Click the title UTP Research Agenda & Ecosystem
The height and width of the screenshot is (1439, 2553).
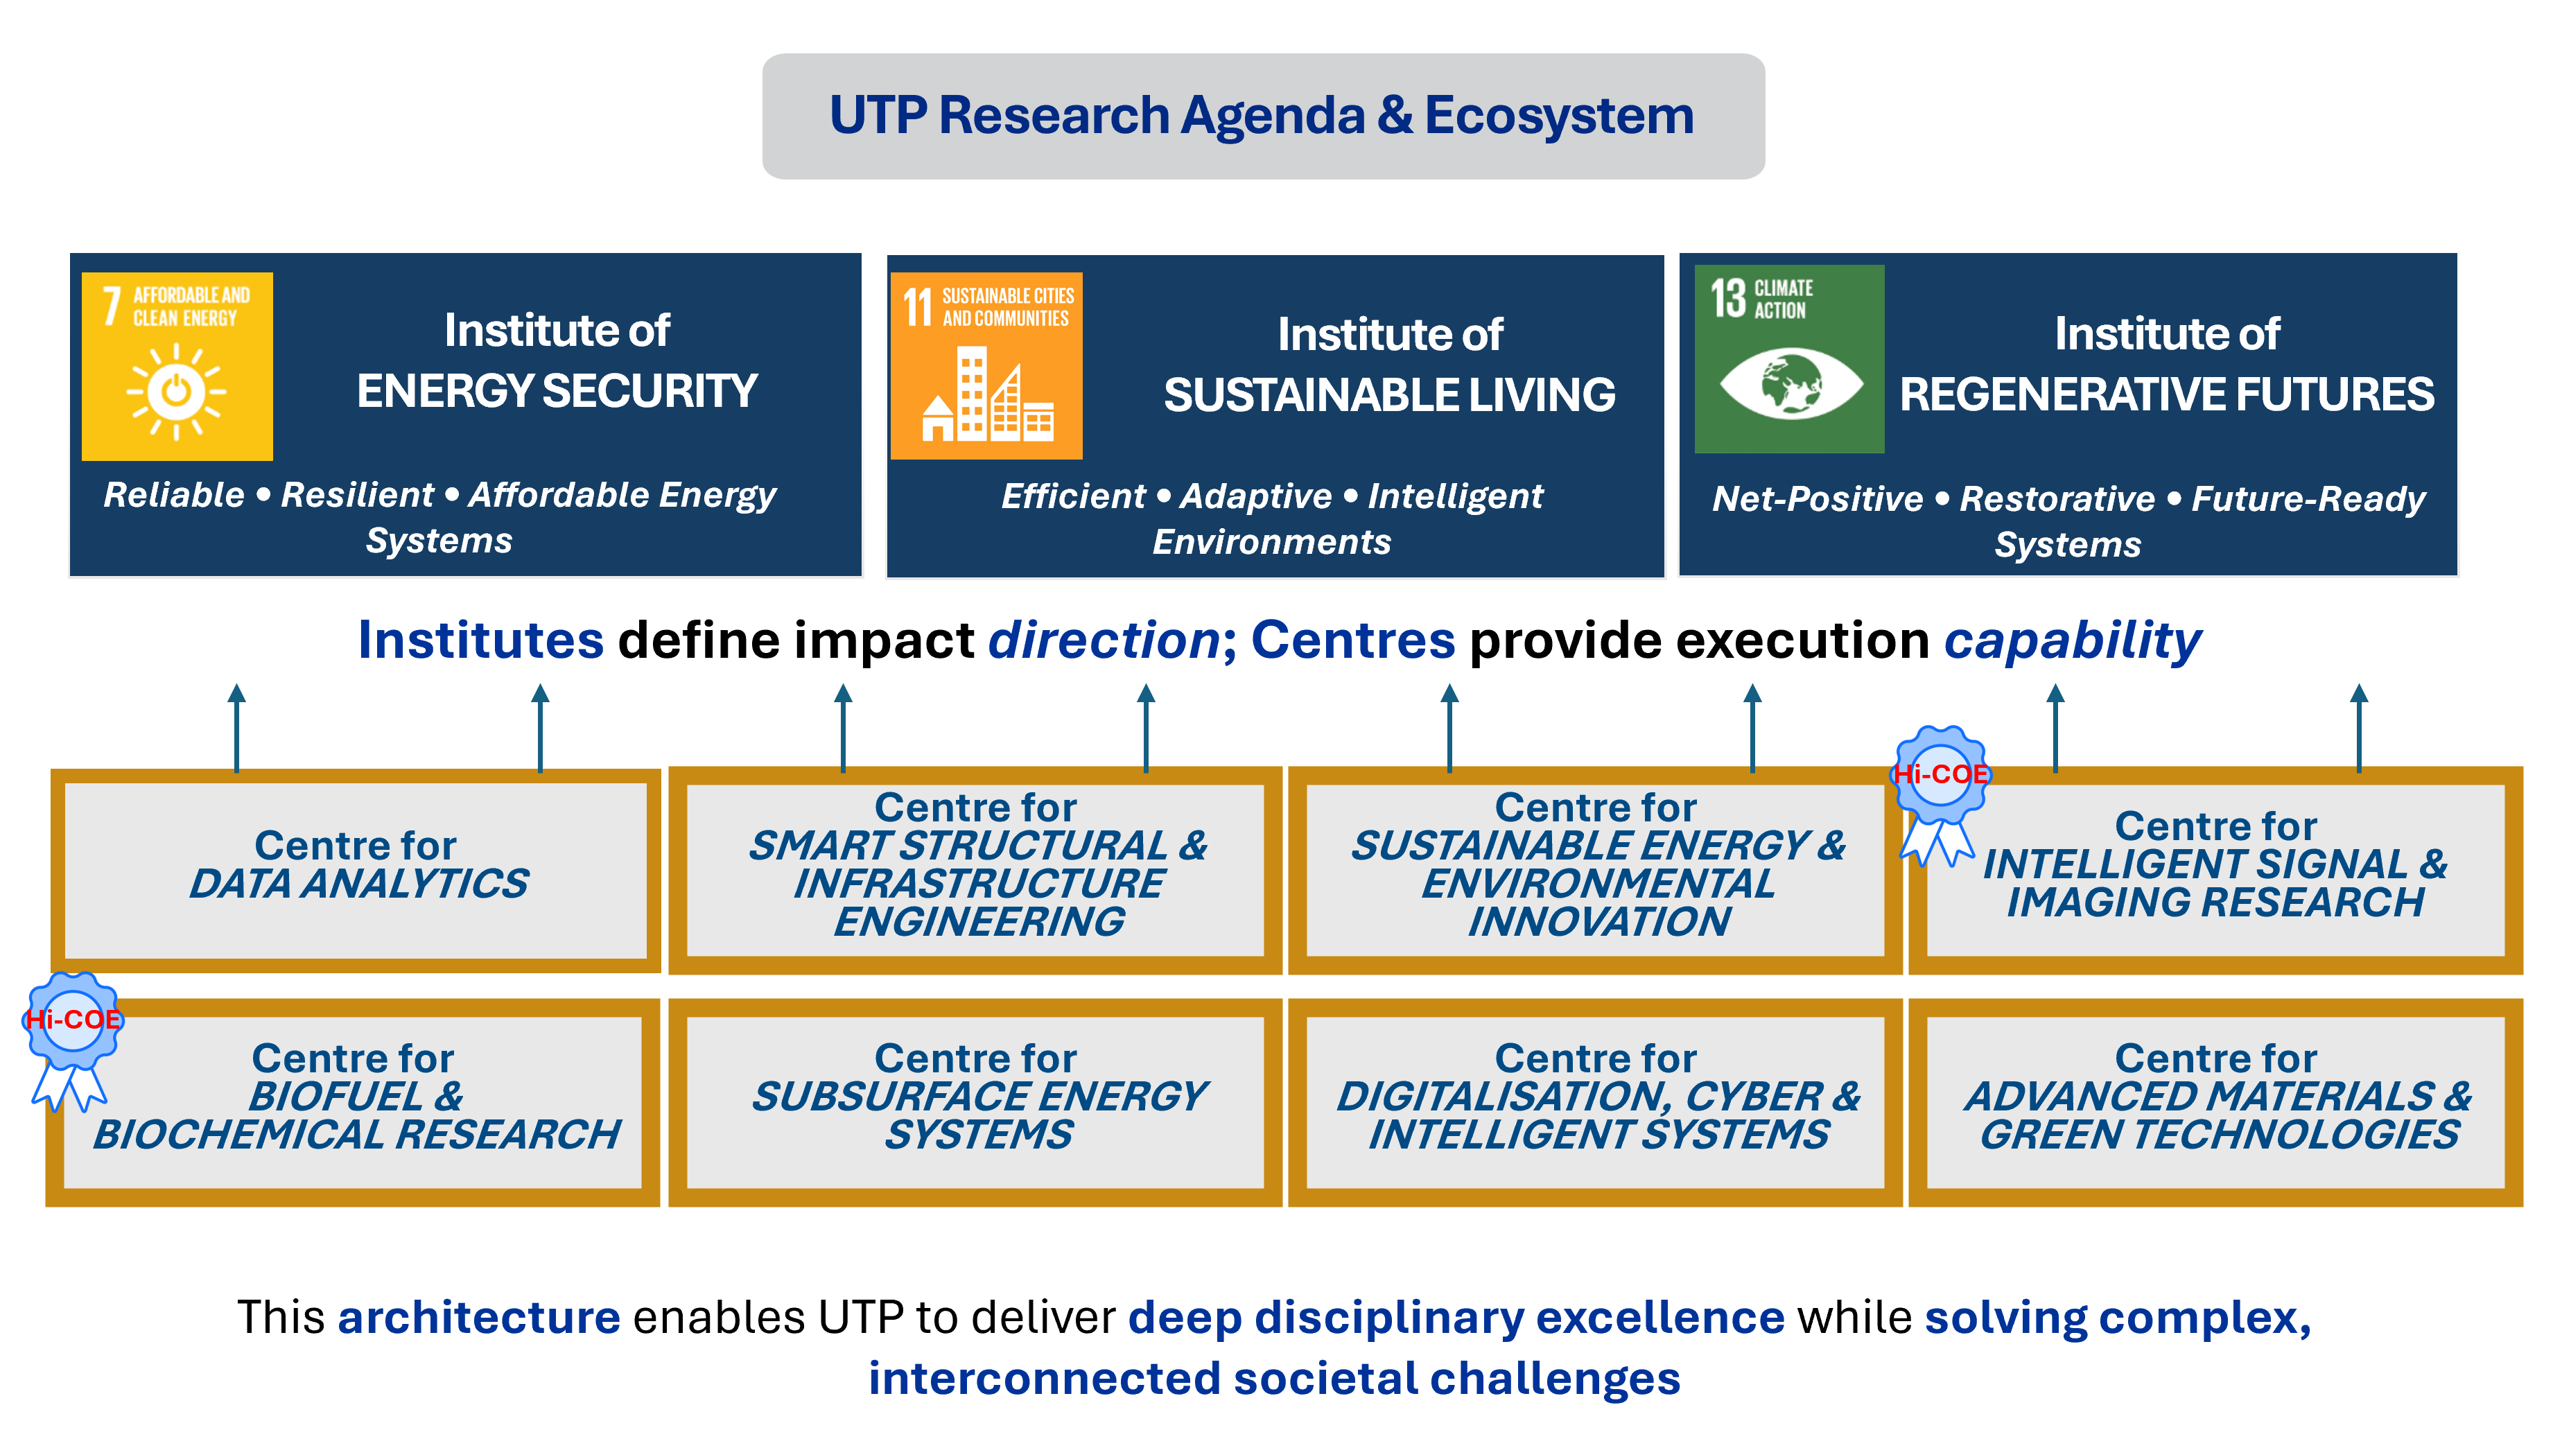point(1262,116)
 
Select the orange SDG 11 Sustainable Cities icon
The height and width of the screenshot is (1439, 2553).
point(986,366)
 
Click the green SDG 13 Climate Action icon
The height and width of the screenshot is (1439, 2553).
point(1789,359)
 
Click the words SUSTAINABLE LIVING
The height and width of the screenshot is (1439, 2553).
point(1389,395)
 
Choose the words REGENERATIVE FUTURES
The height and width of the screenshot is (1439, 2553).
point(2166,394)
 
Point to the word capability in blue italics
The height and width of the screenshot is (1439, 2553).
point(2073,640)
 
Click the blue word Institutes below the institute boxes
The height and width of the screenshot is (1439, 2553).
point(480,640)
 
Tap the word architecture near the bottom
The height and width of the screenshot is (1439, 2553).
point(479,1318)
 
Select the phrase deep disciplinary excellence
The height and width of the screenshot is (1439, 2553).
point(1456,1318)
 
